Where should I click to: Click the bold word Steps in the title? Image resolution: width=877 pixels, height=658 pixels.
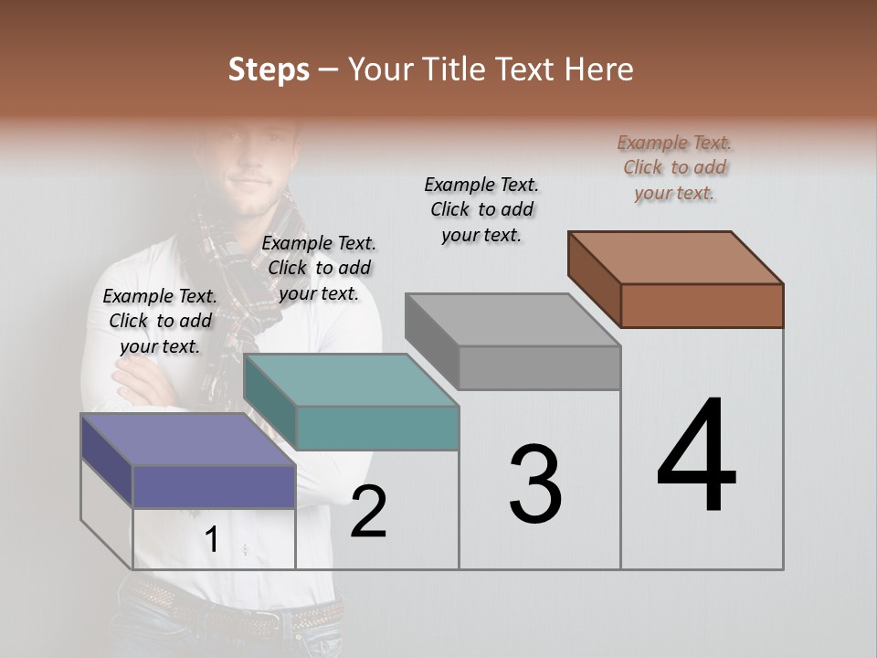click(269, 69)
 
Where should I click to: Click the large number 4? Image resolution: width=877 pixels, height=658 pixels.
click(696, 457)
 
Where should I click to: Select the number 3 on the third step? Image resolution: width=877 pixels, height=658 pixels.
click(535, 484)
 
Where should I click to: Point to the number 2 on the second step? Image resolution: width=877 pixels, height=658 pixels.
click(368, 512)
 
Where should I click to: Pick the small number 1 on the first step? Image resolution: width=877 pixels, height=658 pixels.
click(211, 540)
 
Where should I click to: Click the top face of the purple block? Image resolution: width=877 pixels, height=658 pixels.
click(187, 440)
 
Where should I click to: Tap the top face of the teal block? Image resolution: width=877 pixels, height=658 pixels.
click(350, 379)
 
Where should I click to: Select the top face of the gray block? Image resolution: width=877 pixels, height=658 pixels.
click(512, 320)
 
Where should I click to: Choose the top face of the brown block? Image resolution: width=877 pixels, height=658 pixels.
click(674, 258)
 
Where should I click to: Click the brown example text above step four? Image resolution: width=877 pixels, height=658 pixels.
click(674, 167)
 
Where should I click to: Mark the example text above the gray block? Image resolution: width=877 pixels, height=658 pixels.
click(481, 209)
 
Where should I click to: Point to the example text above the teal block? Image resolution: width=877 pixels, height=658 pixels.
click(319, 268)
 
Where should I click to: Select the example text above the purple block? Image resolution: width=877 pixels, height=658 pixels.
click(160, 321)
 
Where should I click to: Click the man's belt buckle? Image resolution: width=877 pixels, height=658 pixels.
click(270, 622)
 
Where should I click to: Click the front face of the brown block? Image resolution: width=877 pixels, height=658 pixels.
click(702, 305)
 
